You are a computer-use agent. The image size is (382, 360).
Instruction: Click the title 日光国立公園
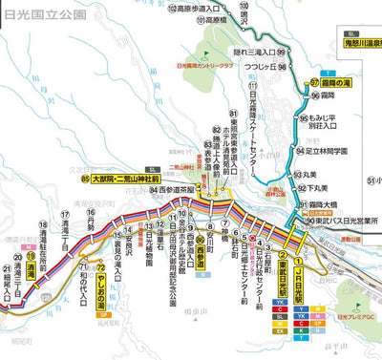point(35,15)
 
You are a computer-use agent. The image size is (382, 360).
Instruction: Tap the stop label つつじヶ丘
point(258,68)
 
